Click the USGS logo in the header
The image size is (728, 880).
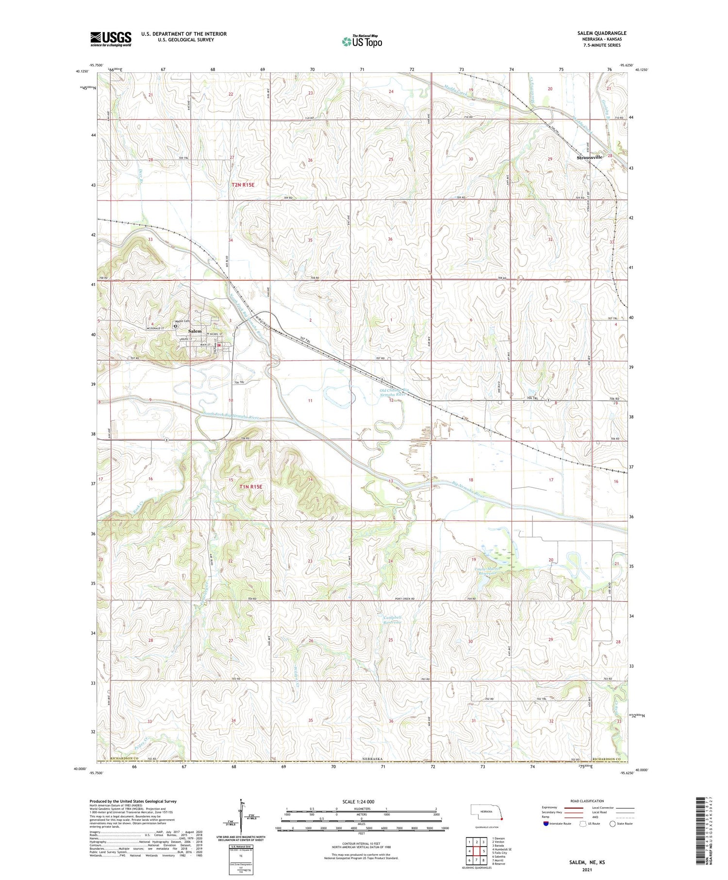tap(111, 39)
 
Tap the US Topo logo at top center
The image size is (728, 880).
tap(362, 42)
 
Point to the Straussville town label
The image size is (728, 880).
tap(589, 157)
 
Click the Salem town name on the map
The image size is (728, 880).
tap(195, 331)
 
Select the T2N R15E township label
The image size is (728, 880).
tap(243, 185)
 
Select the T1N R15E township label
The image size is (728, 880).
tap(250, 486)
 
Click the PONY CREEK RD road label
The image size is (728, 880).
tap(403, 599)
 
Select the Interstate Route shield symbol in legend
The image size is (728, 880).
tap(546, 824)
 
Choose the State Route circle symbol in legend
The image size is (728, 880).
tap(612, 824)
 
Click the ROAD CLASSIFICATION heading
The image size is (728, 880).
tap(587, 801)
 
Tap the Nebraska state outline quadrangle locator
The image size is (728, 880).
tap(486, 812)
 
